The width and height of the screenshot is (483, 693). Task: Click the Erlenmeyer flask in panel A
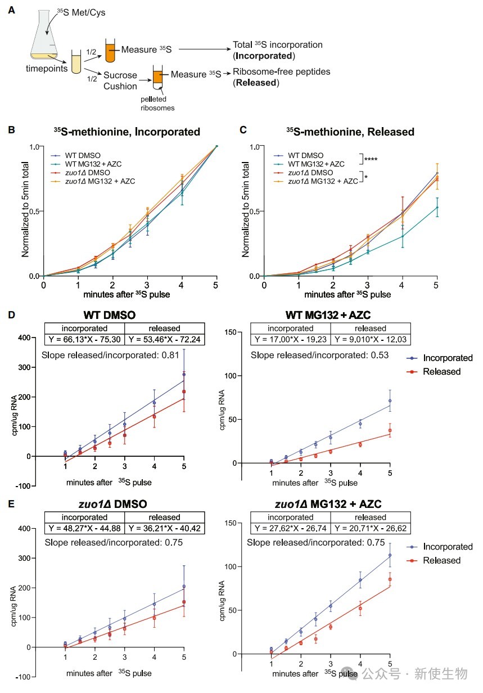pyautogui.click(x=44, y=35)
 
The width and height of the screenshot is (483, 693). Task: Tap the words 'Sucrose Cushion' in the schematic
pyautogui.click(x=120, y=80)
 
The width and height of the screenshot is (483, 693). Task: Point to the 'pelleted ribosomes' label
pyautogui.click(x=157, y=103)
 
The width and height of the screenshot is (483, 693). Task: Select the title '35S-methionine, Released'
pyautogui.click(x=350, y=132)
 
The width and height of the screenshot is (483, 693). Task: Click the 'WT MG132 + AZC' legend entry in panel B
pyautogui.click(x=93, y=164)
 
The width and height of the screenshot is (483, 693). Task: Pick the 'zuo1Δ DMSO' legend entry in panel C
pyautogui.click(x=310, y=173)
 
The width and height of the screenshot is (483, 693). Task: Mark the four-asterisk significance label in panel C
pyautogui.click(x=371, y=159)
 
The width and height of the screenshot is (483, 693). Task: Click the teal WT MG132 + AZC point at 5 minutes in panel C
pyautogui.click(x=437, y=207)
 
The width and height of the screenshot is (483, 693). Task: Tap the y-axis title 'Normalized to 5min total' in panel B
pyautogui.click(x=25, y=209)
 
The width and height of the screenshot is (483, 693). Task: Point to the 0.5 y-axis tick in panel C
pyautogui.click(x=258, y=211)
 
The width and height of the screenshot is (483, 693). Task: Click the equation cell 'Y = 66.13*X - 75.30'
pyautogui.click(x=84, y=339)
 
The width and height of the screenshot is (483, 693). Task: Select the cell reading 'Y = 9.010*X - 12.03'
pyautogui.click(x=371, y=339)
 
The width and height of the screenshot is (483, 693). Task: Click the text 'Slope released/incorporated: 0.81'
pyautogui.click(x=110, y=355)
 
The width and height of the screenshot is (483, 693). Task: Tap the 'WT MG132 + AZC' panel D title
pyautogui.click(x=328, y=315)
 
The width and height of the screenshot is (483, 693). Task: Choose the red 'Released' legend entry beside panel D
pyautogui.click(x=434, y=371)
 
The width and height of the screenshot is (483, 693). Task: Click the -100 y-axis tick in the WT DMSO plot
pyautogui.click(x=25, y=486)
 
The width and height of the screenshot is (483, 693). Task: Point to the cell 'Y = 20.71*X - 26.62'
pyautogui.click(x=371, y=528)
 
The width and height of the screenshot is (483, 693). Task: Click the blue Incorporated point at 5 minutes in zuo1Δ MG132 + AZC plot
pyautogui.click(x=390, y=555)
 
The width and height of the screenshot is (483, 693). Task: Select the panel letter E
pyautogui.click(x=11, y=504)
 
